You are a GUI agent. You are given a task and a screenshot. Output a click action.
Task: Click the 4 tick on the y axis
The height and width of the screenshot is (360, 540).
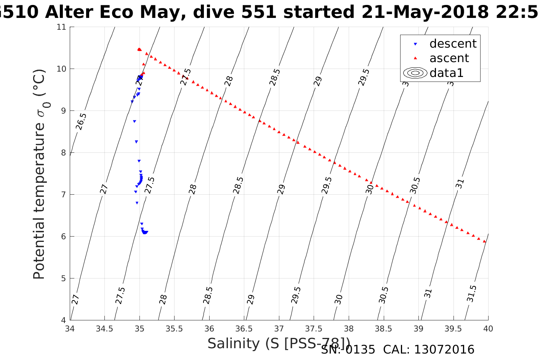coord(63,320)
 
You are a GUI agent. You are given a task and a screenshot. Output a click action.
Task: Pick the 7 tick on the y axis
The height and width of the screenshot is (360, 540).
coord(63,195)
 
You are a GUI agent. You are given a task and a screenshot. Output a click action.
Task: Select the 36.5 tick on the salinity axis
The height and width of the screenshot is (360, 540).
coord(244,328)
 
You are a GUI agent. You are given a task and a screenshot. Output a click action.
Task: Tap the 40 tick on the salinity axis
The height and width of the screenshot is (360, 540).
coord(488,328)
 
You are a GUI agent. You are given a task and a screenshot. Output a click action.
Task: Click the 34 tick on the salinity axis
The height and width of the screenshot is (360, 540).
coord(70,328)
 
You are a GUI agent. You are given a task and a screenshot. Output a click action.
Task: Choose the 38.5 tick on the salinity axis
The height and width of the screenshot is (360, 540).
coord(383,328)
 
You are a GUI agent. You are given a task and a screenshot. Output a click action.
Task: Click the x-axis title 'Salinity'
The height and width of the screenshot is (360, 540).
coord(233,344)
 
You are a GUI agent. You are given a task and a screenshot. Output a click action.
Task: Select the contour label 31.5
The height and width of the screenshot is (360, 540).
coord(472,294)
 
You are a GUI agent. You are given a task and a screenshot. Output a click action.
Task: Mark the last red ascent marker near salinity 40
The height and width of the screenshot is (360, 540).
coord(484,241)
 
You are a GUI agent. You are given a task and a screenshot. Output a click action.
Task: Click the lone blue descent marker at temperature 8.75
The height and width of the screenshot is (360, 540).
coord(134,121)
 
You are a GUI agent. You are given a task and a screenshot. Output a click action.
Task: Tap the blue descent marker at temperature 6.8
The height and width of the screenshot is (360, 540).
coord(137,203)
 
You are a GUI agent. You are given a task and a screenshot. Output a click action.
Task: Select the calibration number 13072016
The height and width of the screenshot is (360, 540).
coord(444,350)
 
